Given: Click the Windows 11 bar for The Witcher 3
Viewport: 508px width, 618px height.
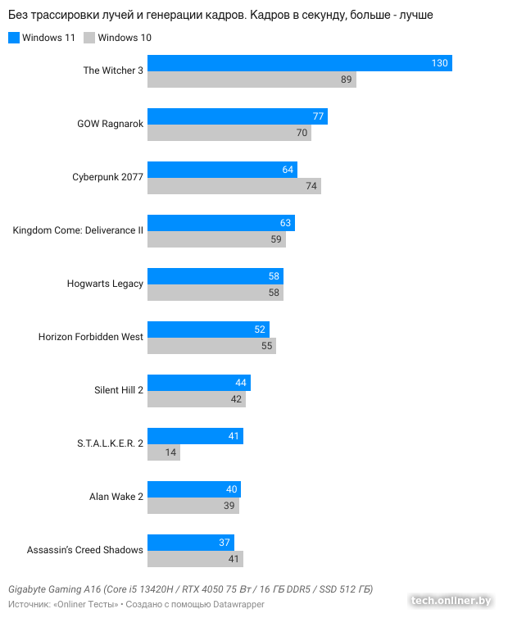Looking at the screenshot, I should coord(299,63).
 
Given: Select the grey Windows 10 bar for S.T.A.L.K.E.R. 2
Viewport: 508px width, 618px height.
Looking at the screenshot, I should coord(163,452).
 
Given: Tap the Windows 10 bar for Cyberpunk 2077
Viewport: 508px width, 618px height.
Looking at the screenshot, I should coord(234,186).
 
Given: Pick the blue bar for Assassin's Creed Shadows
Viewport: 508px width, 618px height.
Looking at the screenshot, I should coord(190,543).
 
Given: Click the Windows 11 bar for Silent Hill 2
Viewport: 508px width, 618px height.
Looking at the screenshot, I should coord(198,383).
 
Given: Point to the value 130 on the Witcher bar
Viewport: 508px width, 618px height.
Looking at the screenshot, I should coord(440,63).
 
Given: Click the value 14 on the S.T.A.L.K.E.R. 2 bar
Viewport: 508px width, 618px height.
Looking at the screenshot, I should coord(170,452).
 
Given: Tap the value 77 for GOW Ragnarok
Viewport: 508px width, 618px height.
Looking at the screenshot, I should coord(319,116).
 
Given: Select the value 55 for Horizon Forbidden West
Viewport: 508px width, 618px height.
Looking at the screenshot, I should coord(267,346).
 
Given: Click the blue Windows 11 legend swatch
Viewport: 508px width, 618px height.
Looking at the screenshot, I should coord(13,38).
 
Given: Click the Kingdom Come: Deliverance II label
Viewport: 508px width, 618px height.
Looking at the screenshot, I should coord(78,230).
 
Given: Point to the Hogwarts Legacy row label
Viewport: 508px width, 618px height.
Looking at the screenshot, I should coord(105,284).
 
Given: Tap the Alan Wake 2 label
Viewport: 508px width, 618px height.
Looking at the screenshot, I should coord(116,497).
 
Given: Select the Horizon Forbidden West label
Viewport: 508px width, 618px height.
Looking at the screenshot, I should coord(91,337).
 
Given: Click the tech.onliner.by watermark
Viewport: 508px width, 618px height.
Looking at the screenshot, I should coord(451,601).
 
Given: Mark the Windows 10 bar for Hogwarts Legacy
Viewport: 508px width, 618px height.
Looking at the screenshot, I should coord(215,293).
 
